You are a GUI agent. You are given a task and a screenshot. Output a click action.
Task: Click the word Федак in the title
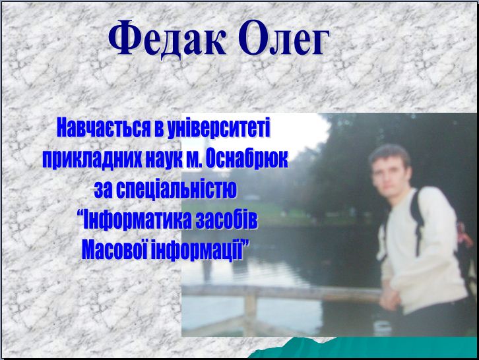168,38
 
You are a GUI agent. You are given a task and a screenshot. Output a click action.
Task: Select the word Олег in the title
284,38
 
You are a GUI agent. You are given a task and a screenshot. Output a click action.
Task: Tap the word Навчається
104,128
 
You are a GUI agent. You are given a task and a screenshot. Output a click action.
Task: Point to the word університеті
219,128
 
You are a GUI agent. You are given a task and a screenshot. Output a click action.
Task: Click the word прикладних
92,159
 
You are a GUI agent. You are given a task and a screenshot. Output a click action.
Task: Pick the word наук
164,159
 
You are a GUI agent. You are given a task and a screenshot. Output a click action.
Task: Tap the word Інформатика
137,220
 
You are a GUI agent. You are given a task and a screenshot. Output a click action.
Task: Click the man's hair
389,154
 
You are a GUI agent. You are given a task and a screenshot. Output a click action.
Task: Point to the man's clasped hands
389,299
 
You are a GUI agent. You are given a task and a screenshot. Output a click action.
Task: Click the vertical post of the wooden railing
250,311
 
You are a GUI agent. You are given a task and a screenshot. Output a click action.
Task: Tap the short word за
103,191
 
